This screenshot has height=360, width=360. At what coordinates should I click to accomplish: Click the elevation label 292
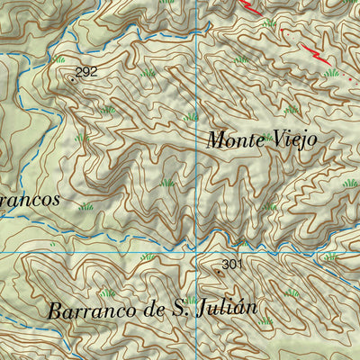(86, 72)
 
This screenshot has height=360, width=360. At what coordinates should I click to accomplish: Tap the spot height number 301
(232, 265)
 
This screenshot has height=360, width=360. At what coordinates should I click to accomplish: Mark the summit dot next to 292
(71, 78)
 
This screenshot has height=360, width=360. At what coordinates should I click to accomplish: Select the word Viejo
(296, 141)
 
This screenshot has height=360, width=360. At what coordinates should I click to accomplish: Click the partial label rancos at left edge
(30, 199)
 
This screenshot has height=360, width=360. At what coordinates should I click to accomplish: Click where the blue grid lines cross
(198, 253)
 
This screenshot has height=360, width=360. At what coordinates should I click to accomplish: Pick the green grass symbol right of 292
(148, 72)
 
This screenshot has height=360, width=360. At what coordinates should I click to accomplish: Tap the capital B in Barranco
(50, 310)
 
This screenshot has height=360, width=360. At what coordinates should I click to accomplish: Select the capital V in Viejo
(279, 140)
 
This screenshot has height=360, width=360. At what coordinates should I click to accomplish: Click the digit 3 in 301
(225, 265)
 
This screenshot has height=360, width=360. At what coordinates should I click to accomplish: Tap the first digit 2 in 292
(79, 72)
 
